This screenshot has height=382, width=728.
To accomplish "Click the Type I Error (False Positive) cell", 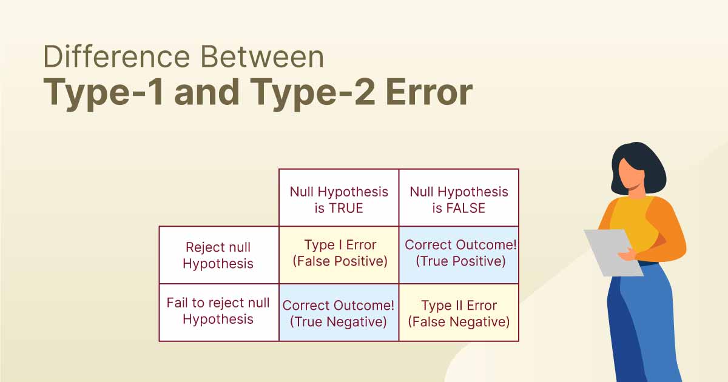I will (340, 253).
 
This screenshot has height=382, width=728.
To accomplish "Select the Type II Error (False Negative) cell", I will (459, 313).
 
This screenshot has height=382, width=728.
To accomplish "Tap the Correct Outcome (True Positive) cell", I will (460, 253).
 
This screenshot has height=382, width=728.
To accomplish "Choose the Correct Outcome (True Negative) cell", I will (339, 313).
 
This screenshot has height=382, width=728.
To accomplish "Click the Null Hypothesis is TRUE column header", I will (339, 199).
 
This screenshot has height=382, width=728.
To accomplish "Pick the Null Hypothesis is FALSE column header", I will (459, 199).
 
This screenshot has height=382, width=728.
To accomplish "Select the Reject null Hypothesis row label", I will (218, 255).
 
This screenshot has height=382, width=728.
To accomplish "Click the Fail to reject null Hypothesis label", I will (218, 311).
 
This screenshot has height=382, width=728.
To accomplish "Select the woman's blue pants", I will (643, 327).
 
